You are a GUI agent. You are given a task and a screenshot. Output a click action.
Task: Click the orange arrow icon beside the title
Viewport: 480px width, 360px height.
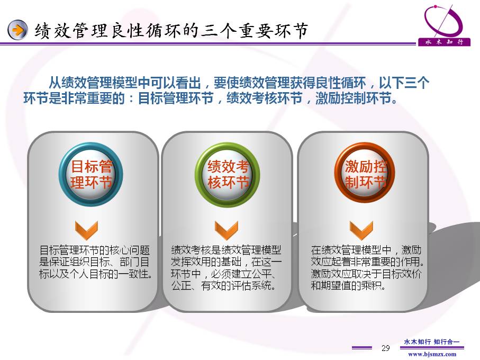(x=17, y=30)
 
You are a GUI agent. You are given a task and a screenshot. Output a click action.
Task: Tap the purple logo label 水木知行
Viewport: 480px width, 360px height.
(x=444, y=42)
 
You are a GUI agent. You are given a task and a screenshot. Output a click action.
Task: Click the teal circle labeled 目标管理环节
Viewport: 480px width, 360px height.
(x=91, y=174)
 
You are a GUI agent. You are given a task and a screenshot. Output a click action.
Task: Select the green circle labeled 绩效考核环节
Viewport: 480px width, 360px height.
(x=228, y=175)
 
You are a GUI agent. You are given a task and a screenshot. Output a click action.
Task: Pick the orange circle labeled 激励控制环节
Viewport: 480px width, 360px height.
(x=364, y=174)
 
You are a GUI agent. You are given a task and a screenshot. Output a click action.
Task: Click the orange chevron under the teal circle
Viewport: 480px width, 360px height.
(x=86, y=230)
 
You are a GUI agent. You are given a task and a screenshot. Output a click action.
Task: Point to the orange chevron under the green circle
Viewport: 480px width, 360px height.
(x=226, y=230)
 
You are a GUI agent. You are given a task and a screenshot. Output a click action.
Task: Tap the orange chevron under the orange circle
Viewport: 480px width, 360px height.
(x=361, y=230)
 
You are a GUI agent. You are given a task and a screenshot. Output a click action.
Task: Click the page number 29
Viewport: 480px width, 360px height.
(x=386, y=348)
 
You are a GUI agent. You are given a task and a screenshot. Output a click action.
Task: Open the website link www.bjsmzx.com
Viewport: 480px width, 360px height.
(x=432, y=355)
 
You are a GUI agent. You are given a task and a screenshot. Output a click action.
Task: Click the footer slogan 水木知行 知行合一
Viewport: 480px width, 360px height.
(x=432, y=342)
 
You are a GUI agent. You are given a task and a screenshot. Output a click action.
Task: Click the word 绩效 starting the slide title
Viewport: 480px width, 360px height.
(x=52, y=31)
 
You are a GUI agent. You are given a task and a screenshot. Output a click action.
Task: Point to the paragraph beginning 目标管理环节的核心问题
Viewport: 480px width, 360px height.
(x=95, y=262)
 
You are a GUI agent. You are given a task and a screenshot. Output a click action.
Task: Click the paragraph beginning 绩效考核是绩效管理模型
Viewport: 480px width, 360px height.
(x=226, y=267)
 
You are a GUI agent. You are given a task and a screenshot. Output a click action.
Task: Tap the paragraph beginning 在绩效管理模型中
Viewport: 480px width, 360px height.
(x=367, y=267)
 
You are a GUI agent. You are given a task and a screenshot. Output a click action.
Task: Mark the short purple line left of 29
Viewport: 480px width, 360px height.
(x=362, y=348)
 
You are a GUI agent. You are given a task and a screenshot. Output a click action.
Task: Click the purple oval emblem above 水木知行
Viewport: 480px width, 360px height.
(x=443, y=21)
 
